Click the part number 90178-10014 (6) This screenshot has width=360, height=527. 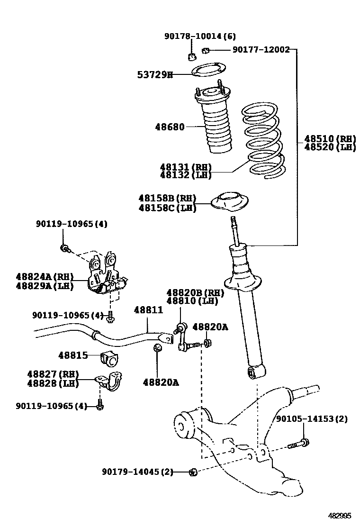coord(200,36)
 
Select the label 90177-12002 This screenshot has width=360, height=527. coord(261,49)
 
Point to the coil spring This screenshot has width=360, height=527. coord(263,140)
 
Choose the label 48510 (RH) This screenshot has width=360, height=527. coord(330,138)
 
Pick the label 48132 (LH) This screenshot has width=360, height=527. coord(186,175)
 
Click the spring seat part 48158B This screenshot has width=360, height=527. coord(230,201)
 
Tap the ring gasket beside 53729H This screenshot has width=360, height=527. coord(207,72)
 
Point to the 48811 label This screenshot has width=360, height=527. coord(148,310)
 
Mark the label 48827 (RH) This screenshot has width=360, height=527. coord(52,374)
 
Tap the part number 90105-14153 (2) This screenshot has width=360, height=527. coord(312,419)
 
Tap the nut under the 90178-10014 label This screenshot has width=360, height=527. coord(192,57)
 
